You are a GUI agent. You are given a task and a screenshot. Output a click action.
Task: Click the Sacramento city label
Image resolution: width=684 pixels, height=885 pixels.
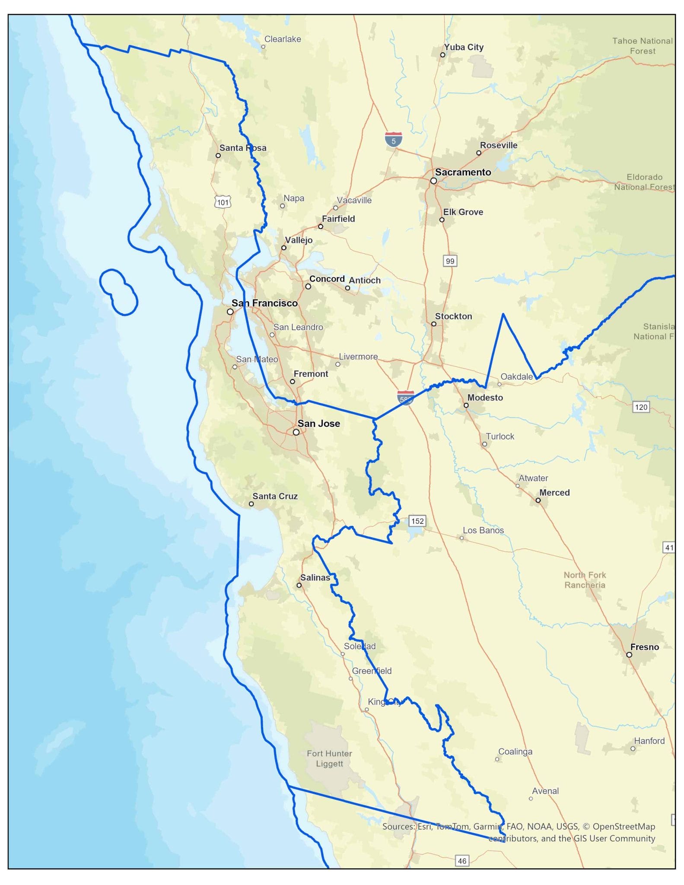click(463, 172)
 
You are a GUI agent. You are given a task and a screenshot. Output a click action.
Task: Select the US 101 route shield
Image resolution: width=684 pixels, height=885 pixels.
click(223, 202)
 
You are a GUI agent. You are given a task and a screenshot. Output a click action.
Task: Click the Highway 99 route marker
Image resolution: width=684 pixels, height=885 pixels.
click(450, 261)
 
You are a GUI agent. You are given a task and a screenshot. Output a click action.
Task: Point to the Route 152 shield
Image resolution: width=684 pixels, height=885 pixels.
click(417, 521)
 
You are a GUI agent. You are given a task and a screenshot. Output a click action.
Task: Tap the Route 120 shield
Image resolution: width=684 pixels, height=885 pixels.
click(641, 407)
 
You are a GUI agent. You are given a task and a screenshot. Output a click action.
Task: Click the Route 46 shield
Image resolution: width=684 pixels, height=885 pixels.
click(462, 861)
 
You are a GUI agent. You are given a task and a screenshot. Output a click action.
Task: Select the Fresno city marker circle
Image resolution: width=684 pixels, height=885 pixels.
click(629, 655)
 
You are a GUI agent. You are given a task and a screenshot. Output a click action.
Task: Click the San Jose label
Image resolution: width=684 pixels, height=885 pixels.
click(318, 423)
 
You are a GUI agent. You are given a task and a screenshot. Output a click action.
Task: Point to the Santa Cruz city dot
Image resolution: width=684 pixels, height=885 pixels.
click(251, 504)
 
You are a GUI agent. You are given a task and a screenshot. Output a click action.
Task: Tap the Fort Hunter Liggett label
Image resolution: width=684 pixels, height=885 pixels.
click(329, 758)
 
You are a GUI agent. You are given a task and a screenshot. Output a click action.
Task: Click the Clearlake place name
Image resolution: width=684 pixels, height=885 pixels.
click(283, 39)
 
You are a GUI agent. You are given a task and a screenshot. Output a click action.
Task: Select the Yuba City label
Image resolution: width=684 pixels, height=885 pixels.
click(464, 47)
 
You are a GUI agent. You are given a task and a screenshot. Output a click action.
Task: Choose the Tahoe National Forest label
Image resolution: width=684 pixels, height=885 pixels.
click(642, 46)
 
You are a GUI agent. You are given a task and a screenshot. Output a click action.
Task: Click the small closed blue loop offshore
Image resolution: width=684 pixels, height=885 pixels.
click(118, 292)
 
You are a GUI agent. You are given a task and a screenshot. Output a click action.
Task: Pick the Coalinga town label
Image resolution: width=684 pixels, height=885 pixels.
click(515, 751)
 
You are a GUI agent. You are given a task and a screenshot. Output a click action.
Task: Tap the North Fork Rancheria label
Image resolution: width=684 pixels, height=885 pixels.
click(585, 580)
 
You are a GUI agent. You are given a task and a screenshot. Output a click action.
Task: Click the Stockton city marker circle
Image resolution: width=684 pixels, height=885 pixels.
click(434, 324)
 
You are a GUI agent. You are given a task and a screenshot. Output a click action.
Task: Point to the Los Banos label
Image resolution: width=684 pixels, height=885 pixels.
click(483, 530)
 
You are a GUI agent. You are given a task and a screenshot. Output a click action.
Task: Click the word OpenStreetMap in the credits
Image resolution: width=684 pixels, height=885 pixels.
click(624, 826)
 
